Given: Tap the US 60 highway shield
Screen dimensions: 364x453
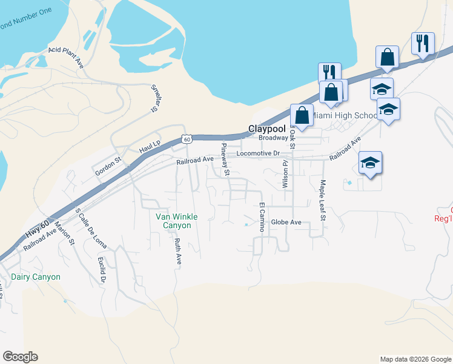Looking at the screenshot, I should point(187,140).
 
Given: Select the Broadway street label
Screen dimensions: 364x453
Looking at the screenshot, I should point(273,138).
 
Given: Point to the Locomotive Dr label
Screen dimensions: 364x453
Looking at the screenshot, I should point(258,153).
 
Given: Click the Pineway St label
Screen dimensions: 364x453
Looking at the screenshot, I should point(225,160).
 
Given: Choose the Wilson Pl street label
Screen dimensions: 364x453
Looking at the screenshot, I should point(283,174).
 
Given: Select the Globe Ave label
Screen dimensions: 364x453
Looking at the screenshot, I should point(286,222).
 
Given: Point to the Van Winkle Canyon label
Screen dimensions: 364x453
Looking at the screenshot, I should point(173,221).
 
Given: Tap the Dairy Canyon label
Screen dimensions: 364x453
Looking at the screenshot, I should point(36,277).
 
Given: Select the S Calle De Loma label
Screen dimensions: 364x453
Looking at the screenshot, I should point(90,229).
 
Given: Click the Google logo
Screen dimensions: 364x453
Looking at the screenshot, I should point(20,357).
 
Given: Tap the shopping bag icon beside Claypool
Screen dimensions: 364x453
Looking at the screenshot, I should point(302,115).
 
